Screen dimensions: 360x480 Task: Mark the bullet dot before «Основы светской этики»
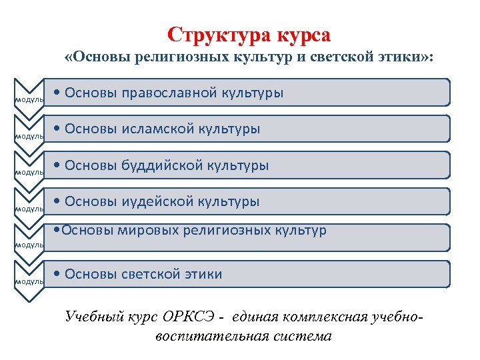pos(59,275)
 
